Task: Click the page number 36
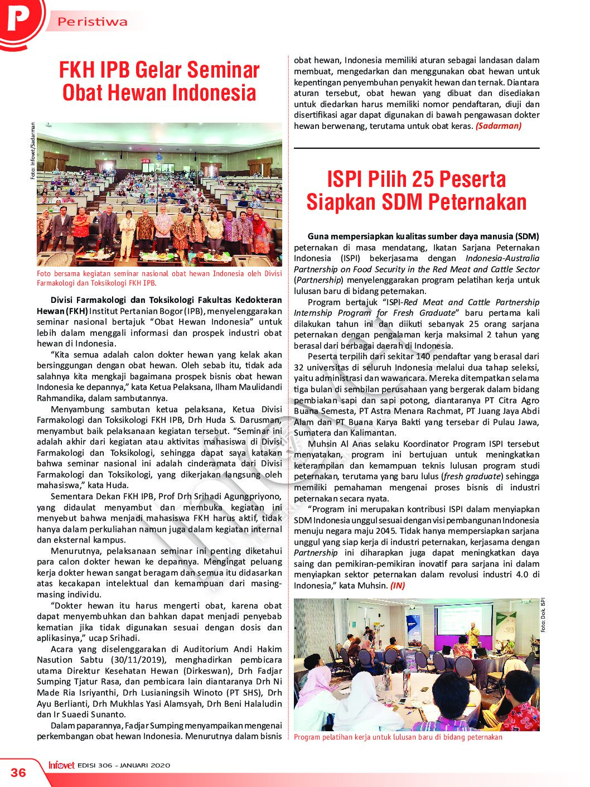[18, 772]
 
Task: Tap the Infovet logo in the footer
[61, 765]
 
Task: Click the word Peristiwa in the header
[93, 22]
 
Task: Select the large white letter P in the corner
[18, 18]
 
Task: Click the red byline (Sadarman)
[498, 126]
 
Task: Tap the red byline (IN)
[398, 586]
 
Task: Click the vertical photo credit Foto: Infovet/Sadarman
[32, 151]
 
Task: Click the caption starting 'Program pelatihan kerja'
[398, 737]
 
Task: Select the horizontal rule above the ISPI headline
[417, 148]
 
